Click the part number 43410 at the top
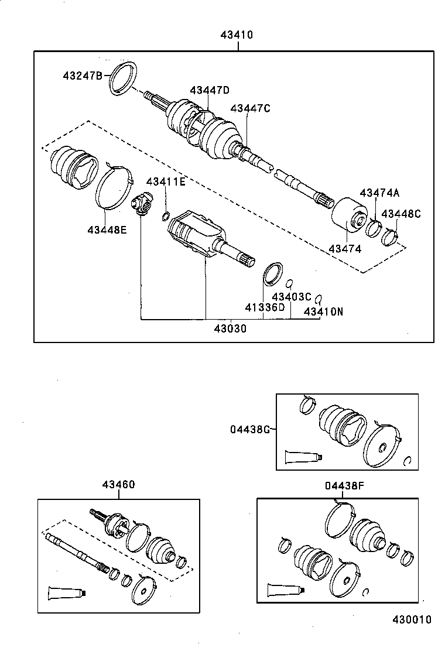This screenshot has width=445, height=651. click(x=237, y=35)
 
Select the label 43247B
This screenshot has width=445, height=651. click(x=83, y=76)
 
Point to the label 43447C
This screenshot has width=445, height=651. click(x=250, y=108)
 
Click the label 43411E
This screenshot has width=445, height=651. click(x=166, y=182)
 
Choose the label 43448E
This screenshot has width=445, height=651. click(x=107, y=229)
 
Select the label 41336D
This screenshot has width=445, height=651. click(x=265, y=308)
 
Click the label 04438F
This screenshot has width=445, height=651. click(x=344, y=485)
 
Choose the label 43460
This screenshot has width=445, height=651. click(x=118, y=485)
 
